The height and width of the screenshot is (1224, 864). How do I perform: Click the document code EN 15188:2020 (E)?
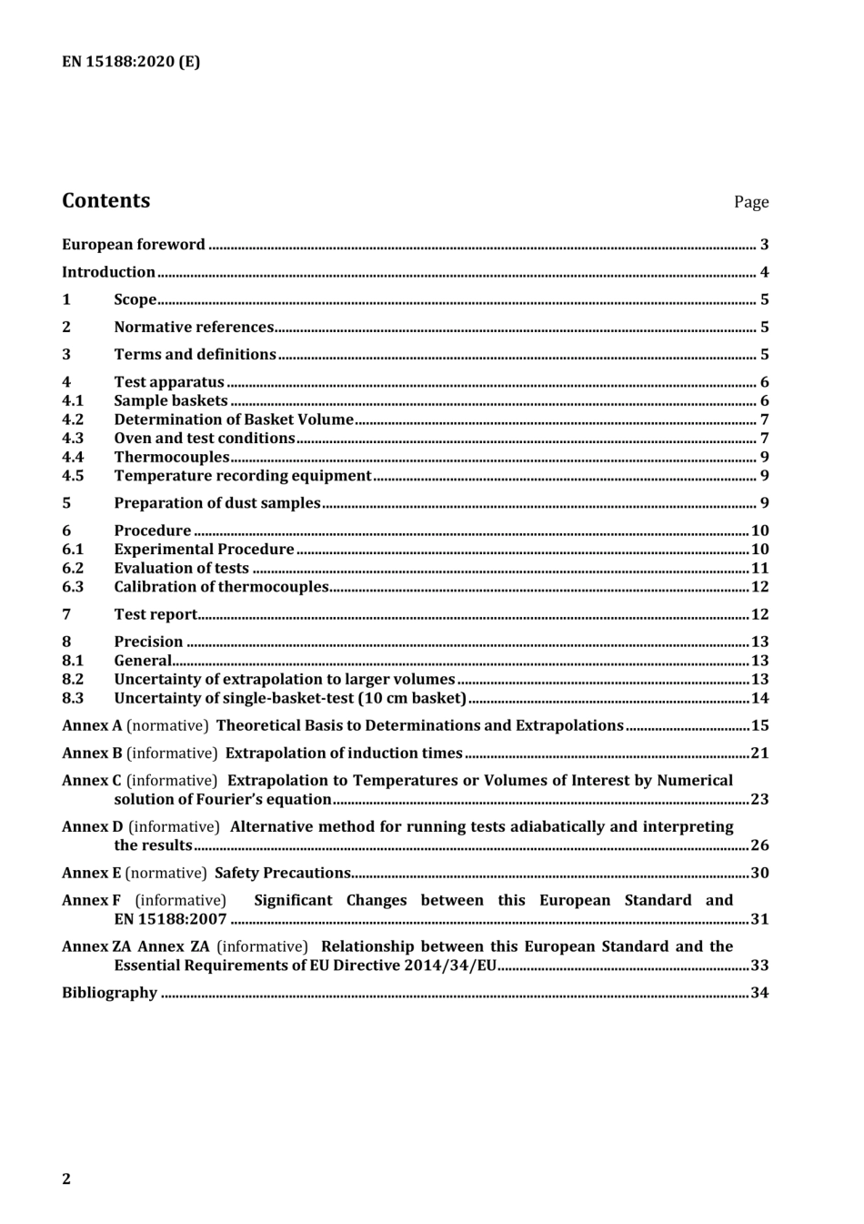[131, 62]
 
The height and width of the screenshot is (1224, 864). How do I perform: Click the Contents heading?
[105, 201]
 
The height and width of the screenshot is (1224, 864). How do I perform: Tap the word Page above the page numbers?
[750, 202]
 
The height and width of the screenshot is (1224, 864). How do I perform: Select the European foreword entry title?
[134, 245]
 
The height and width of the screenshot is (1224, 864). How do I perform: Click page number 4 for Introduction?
[764, 272]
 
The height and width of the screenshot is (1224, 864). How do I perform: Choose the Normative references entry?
[194, 327]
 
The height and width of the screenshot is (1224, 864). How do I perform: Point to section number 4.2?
[73, 420]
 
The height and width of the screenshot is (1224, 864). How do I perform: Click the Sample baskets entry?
[170, 400]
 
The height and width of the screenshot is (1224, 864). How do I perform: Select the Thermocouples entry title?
[171, 457]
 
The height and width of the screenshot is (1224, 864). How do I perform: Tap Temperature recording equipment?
[242, 476]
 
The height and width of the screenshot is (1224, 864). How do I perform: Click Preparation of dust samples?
[216, 503]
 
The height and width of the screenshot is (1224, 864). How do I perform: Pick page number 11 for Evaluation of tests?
[759, 569]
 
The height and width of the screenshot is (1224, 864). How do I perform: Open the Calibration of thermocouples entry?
[220, 587]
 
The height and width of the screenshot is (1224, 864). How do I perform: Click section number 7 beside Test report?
[66, 614]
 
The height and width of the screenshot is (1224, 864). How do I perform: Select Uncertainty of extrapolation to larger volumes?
[284, 680]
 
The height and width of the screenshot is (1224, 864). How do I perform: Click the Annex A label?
[91, 726]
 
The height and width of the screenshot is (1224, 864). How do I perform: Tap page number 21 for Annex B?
[759, 754]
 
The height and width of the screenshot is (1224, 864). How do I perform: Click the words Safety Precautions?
[282, 873]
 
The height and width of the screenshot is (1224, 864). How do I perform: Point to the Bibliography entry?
[109, 993]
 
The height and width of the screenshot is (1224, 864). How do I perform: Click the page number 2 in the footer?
[66, 1179]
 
